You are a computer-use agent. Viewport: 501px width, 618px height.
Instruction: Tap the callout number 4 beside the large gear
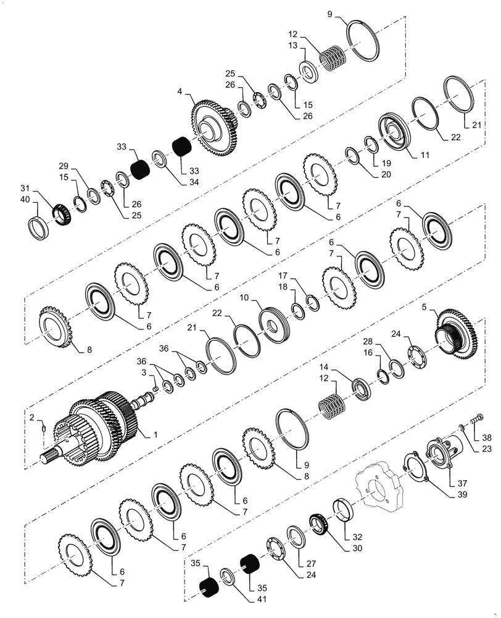pos(180,91)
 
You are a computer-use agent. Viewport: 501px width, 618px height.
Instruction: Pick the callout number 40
pos(25,199)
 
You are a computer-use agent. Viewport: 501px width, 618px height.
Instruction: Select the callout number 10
pos(244,298)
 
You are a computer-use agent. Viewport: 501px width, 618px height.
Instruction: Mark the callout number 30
pos(339,548)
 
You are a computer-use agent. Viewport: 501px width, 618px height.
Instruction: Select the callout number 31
pos(25,188)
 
